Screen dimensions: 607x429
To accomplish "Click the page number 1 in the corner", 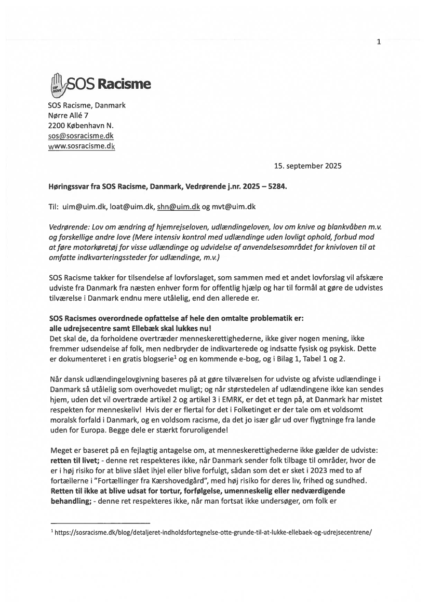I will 379,42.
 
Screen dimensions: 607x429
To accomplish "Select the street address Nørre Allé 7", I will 68,115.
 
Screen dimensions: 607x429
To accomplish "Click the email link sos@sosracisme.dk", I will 81,136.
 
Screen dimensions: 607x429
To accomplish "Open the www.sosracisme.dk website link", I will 81,146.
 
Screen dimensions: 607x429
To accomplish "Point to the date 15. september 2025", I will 307,167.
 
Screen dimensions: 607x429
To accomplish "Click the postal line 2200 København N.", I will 81,126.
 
